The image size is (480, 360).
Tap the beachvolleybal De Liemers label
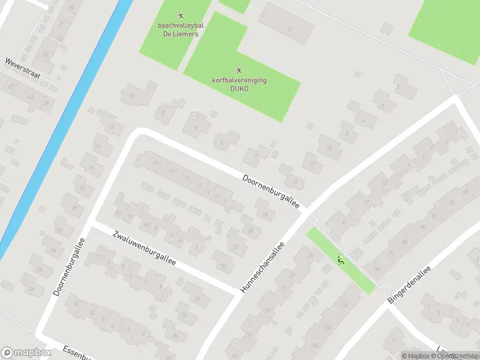coord(181,29)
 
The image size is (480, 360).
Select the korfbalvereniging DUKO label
coord(239,84)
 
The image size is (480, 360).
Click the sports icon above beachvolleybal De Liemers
coord(181,15)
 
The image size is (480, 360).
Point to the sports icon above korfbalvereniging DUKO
coord(239,70)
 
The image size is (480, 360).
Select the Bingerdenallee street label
coord(410,285)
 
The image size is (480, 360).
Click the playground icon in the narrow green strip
coord(341,261)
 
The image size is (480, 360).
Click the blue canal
coord(66,120)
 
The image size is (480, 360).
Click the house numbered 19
coord(154,163)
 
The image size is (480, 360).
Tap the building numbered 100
coord(327,328)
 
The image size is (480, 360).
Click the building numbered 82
coord(404,241)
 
